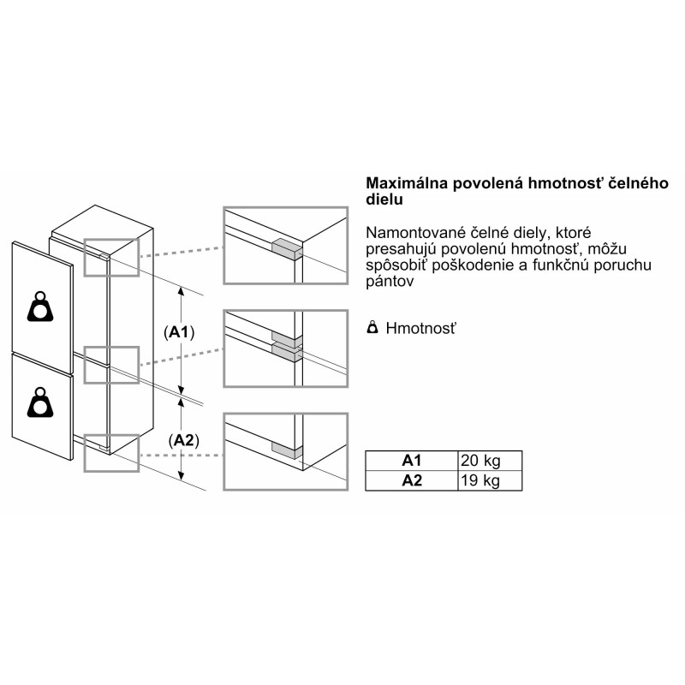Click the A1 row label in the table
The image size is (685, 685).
(x=412, y=461)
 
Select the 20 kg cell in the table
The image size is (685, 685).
(x=480, y=461)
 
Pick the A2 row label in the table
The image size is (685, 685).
(x=412, y=480)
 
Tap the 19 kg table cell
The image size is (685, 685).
(x=480, y=480)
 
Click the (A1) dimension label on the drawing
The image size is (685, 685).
(x=179, y=332)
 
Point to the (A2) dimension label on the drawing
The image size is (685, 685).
(x=183, y=441)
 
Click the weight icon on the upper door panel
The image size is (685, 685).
(x=40, y=307)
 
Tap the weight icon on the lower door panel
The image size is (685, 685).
(x=40, y=402)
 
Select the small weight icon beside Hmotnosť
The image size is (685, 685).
(x=372, y=327)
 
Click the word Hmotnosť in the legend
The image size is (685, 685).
(x=420, y=328)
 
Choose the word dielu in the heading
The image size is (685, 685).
(x=384, y=200)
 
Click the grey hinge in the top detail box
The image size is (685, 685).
(x=287, y=250)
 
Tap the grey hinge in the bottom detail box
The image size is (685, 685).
(x=287, y=450)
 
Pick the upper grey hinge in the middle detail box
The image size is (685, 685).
(x=287, y=337)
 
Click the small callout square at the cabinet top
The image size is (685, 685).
(x=111, y=258)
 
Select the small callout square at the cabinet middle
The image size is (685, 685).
(x=111, y=366)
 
